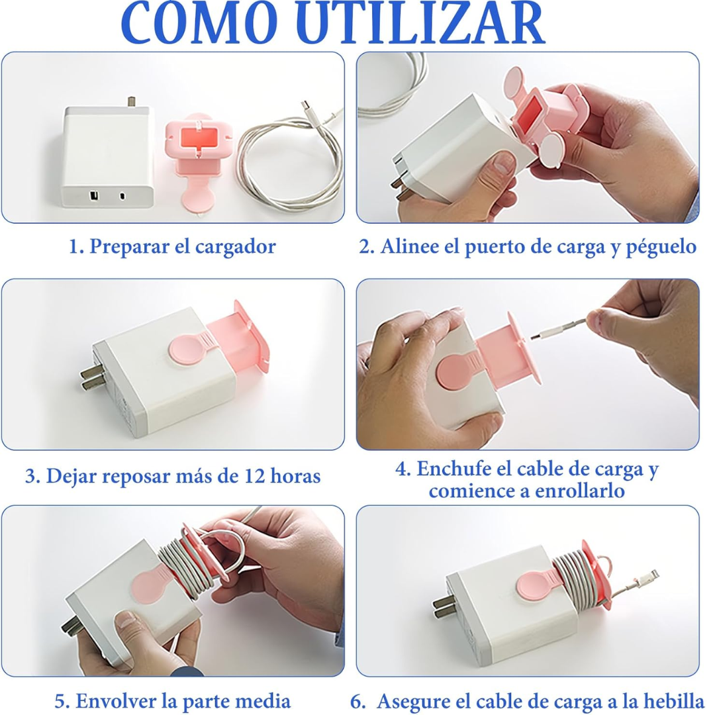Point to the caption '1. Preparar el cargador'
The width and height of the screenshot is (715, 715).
pos(172,247)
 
